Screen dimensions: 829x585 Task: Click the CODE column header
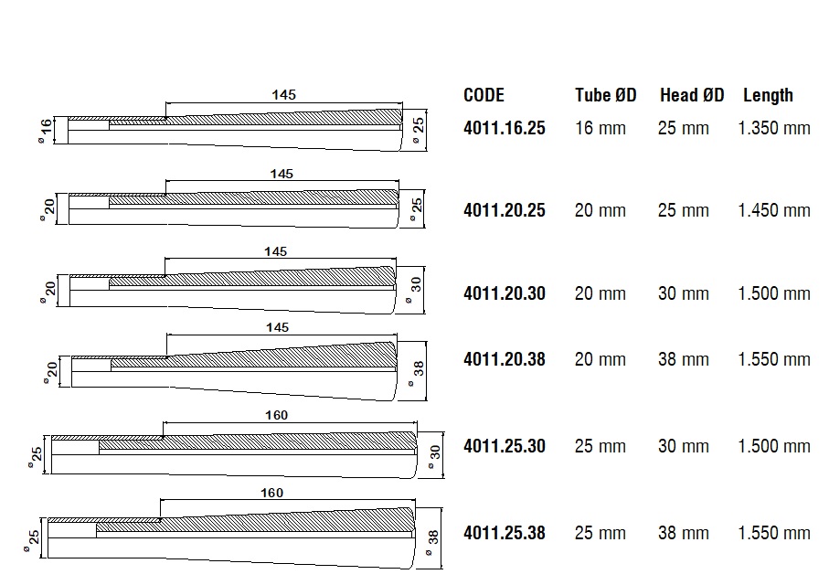(x=484, y=95)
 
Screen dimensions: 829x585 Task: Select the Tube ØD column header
(x=606, y=95)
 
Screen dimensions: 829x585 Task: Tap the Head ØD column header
(x=692, y=95)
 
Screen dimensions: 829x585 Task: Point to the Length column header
(x=768, y=95)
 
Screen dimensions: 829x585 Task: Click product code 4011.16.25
(x=505, y=128)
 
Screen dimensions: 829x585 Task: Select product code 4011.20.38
(x=505, y=359)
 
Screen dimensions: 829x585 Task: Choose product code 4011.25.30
(x=505, y=446)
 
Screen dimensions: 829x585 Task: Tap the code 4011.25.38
(x=505, y=533)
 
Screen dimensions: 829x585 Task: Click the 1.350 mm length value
(x=774, y=128)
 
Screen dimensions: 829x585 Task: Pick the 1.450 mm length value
(x=774, y=210)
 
